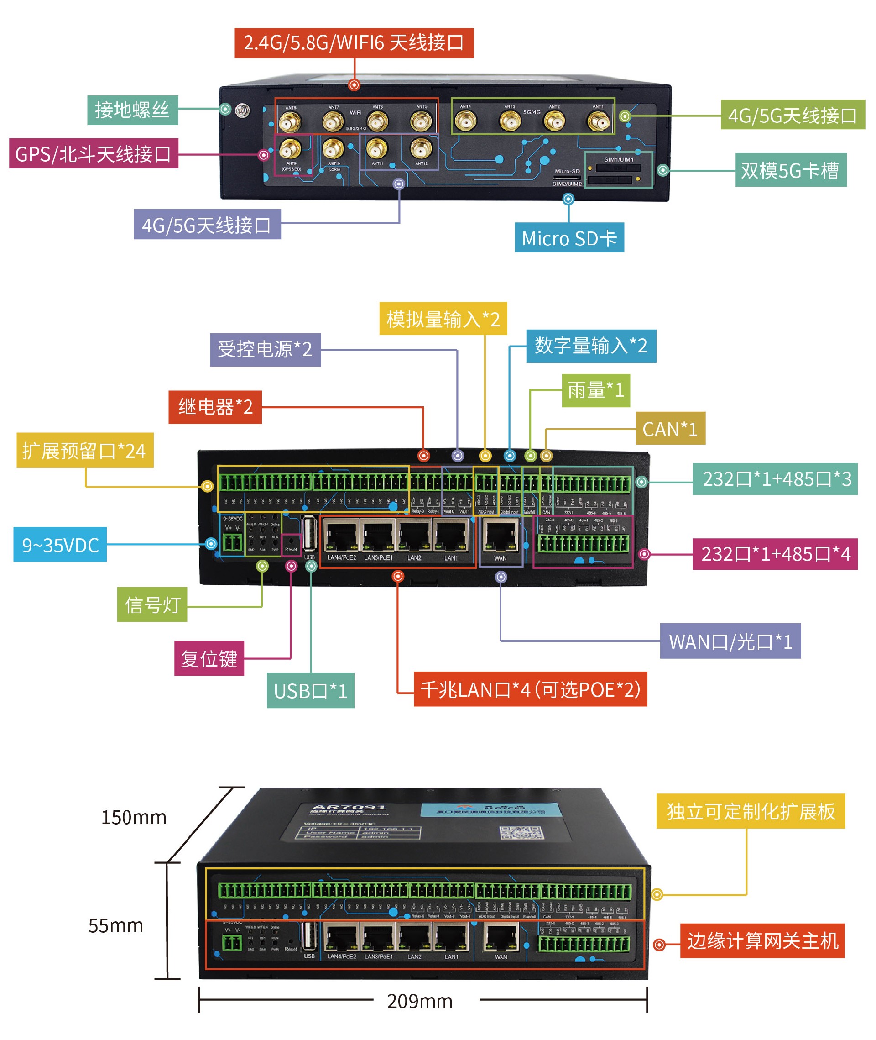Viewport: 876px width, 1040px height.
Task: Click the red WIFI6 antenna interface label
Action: tap(354, 43)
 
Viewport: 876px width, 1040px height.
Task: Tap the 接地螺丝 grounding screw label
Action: tap(133, 110)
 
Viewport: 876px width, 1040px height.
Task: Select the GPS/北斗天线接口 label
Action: tap(94, 153)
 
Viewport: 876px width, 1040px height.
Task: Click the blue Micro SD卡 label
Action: tap(568, 238)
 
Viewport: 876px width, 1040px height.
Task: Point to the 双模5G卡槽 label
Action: tap(790, 170)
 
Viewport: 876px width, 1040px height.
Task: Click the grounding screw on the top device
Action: tap(242, 110)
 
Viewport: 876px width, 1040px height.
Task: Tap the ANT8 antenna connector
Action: tap(290, 122)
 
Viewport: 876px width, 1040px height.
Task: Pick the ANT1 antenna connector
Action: tap(598, 121)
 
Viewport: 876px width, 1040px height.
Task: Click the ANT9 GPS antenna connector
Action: tap(291, 148)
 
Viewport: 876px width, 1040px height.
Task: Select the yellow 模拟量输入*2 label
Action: tap(443, 319)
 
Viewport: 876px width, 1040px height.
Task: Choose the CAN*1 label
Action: tap(670, 428)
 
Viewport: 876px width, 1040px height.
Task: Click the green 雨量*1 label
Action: tap(595, 390)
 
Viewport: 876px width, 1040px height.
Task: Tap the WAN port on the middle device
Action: tap(501, 536)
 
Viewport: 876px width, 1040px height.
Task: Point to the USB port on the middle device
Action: tap(309, 534)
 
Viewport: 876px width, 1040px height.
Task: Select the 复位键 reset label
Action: tap(209, 658)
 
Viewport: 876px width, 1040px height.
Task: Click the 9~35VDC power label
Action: tap(60, 545)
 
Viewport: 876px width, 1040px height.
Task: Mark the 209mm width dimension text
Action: tap(420, 1001)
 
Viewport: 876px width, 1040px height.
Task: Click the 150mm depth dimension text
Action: tap(134, 817)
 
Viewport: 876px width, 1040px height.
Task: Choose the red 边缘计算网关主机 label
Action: tap(762, 940)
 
